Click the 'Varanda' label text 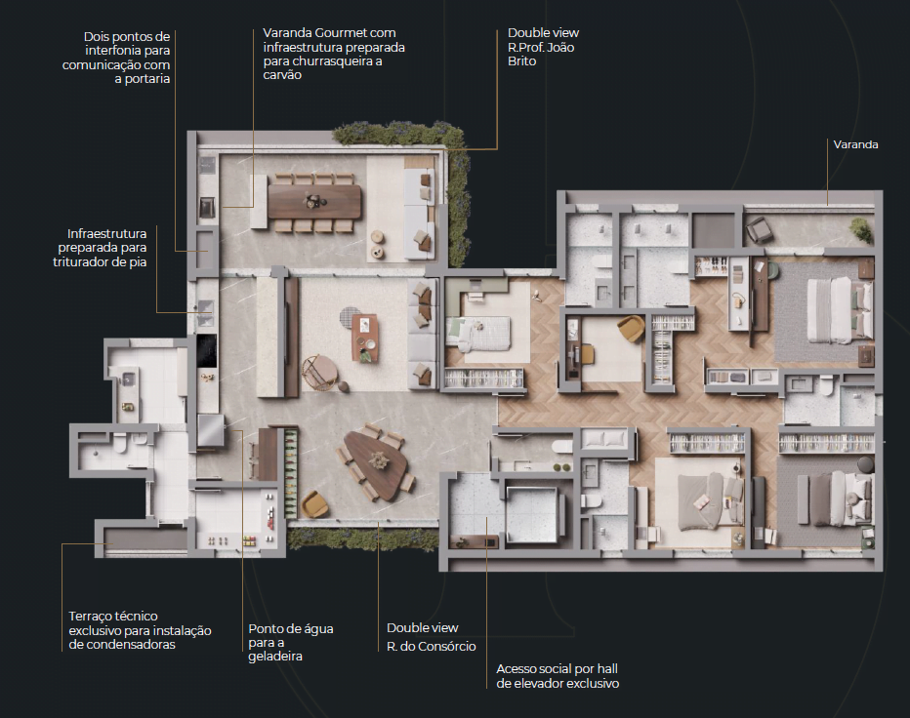(855, 144)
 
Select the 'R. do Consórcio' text (432, 646)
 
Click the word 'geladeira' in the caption (275, 657)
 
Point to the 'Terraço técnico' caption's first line (113, 616)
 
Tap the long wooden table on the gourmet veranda (314, 202)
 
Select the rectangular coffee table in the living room (364, 338)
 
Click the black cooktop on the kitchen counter (207, 350)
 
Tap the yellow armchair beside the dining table (314, 504)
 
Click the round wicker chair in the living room (319, 372)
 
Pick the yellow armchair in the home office (631, 328)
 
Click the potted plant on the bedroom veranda (862, 230)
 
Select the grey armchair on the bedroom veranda (759, 229)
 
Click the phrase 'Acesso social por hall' (558, 668)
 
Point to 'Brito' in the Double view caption (522, 60)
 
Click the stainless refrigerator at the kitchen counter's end (211, 431)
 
